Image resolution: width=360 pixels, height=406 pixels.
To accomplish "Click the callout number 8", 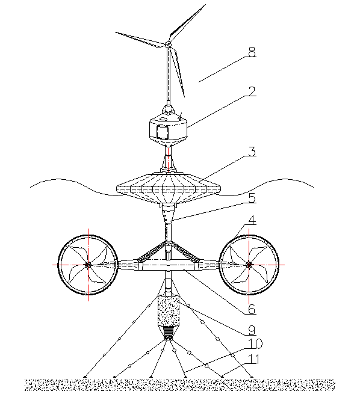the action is coord(252,52).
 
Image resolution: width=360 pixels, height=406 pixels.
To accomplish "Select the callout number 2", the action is coord(252,91).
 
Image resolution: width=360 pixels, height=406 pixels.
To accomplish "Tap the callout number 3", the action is coord(252,151).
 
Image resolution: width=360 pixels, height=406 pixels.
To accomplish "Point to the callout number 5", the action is coord(252,198).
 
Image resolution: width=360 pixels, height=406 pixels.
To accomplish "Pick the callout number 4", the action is coord(252,220).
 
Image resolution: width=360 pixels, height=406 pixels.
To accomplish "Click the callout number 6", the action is coord(252,309).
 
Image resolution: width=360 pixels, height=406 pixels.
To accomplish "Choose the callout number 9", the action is coord(252,330).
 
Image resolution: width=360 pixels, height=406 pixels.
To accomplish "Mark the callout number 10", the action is coord(255,343).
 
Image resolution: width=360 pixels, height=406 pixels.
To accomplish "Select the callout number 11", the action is coord(253,360).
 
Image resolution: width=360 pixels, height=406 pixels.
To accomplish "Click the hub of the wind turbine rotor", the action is coord(168,45).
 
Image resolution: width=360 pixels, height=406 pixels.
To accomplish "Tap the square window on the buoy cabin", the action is coord(163,132).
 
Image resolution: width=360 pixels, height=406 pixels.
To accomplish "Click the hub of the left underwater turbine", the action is coord(88,265).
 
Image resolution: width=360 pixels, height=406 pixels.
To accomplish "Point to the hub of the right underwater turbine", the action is coord(249,265).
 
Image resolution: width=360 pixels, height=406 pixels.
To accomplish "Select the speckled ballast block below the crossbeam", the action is coord(169,311).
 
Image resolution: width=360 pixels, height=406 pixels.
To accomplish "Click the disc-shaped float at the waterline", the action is coord(169,188).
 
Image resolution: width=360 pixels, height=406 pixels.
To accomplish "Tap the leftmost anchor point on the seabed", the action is coord(85,376).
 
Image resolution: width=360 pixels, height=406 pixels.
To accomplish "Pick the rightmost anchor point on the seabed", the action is coord(252,376).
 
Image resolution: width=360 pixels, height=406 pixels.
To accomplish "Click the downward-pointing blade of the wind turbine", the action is coord(178,71).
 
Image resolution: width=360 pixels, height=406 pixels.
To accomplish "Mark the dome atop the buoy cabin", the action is coord(168,109).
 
